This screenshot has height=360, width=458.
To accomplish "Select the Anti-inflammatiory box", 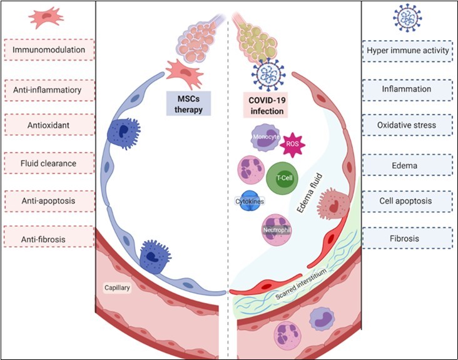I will point(49,90).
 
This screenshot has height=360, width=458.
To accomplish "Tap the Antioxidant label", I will point(49,126).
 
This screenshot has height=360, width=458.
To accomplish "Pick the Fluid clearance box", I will point(49,163).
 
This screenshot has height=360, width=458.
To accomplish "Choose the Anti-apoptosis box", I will point(49,201).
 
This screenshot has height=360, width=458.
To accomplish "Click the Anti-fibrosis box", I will point(49,239).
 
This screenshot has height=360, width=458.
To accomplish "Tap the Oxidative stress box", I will point(408,126).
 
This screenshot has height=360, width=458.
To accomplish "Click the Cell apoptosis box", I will point(408,201).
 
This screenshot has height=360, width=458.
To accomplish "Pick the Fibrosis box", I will point(408,239).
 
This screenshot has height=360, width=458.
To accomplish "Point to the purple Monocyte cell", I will point(265,138).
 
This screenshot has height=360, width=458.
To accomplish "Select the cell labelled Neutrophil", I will point(277,229).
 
